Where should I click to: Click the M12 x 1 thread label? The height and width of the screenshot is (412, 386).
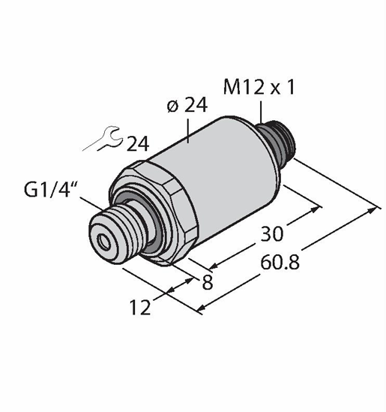pyautogui.click(x=259, y=88)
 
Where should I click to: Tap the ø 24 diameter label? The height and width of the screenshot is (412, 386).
pyautogui.click(x=187, y=105)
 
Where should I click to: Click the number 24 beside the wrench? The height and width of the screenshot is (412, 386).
pyautogui.click(x=138, y=144)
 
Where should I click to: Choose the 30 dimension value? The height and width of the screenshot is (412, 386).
pyautogui.click(x=272, y=233)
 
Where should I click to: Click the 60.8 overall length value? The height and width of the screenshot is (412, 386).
pyautogui.click(x=280, y=263)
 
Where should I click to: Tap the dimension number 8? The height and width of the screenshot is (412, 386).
pyautogui.click(x=208, y=283)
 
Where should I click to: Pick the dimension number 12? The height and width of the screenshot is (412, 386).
pyautogui.click(x=140, y=307)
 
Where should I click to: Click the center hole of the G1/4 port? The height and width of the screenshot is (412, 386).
pyautogui.click(x=103, y=241)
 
